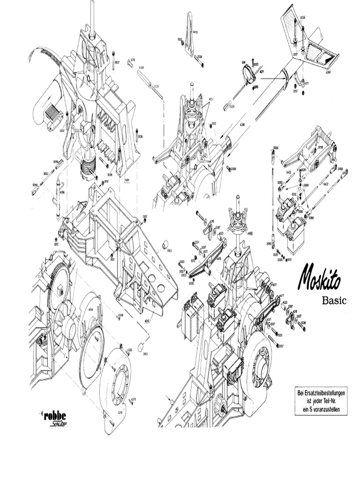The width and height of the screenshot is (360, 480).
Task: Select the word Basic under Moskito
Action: click(x=334, y=300)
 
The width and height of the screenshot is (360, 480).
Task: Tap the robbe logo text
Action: click(x=55, y=416)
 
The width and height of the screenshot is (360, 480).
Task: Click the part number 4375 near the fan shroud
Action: click(x=133, y=399)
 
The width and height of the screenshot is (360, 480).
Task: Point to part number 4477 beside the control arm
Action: click(x=281, y=296)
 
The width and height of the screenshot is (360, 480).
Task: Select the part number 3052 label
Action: click(x=46, y=173)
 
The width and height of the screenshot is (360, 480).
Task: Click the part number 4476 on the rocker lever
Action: click(x=218, y=258)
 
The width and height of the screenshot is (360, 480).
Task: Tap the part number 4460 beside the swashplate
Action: click(x=250, y=233)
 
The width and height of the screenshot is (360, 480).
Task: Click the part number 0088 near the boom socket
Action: click(x=233, y=169)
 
